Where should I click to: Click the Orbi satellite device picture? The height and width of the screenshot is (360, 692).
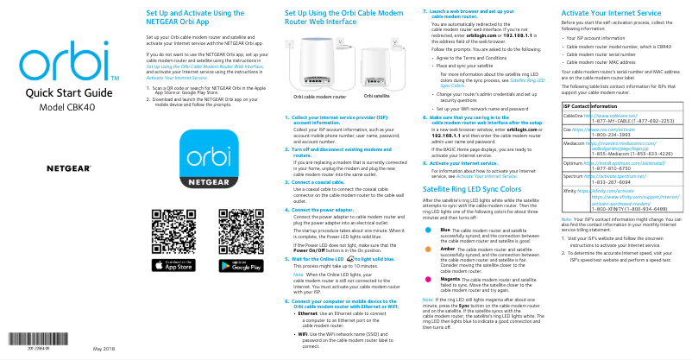click(377, 75)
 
